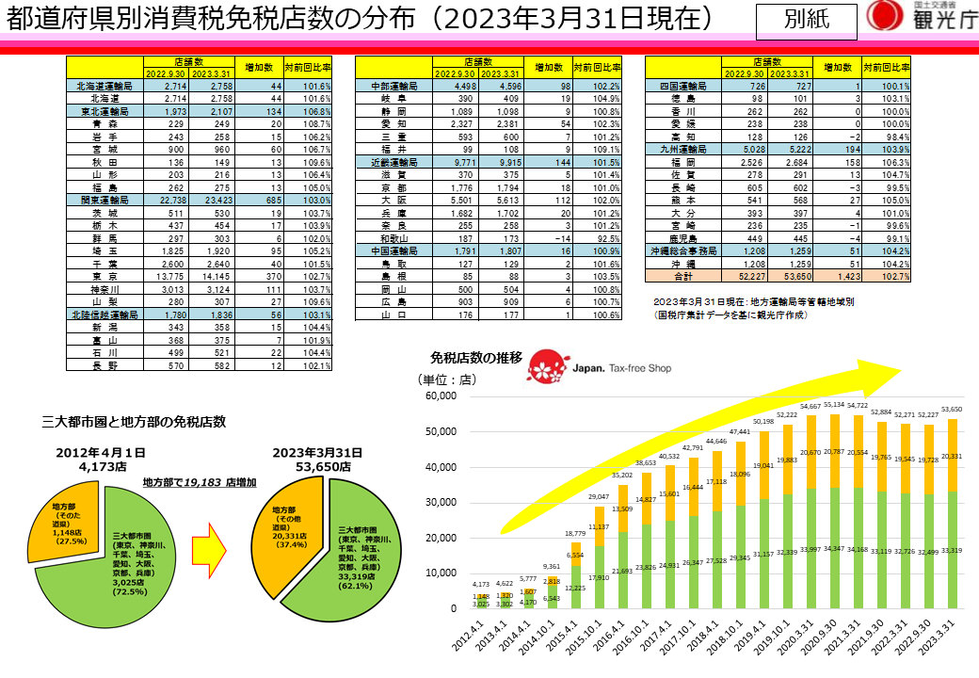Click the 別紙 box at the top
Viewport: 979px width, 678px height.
coord(807,18)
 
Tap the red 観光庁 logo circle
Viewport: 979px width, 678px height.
coord(882,16)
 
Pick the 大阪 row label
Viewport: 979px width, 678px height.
coord(393,200)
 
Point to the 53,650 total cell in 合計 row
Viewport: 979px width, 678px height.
coord(789,277)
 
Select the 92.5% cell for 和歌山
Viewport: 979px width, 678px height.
coord(600,238)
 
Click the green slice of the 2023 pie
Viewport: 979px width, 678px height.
coord(358,556)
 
